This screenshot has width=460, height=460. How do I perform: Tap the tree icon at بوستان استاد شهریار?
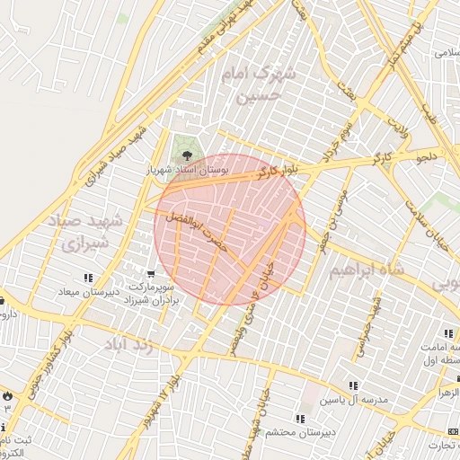click(186, 155)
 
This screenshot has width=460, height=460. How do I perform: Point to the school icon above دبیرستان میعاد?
click(88, 278)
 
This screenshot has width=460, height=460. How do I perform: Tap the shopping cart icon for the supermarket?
click(151, 273)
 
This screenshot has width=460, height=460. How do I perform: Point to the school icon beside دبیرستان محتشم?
click(299, 419)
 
